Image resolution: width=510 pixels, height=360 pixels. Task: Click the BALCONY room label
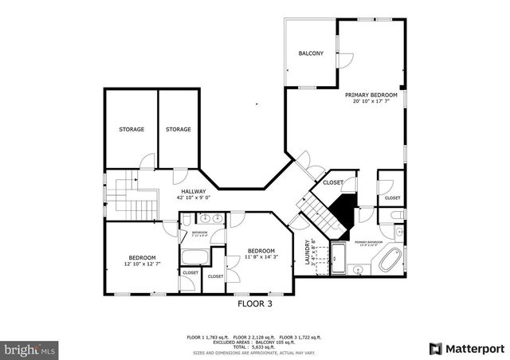(311, 53)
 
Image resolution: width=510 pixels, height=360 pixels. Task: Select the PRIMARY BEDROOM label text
(371, 95)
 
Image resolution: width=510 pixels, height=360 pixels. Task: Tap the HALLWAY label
(193, 191)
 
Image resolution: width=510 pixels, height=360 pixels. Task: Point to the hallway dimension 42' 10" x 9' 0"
(193, 198)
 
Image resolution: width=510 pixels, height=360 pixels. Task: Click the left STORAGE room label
(131, 129)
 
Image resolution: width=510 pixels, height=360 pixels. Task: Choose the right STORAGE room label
(178, 129)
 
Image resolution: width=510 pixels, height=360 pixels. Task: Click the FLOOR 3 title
(255, 303)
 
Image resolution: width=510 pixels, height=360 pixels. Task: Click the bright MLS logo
(30, 349)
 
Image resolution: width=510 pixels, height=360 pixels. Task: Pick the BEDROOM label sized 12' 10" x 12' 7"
(142, 258)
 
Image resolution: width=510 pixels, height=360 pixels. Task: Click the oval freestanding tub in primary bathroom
(391, 260)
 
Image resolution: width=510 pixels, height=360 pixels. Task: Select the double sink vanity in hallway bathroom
(211, 218)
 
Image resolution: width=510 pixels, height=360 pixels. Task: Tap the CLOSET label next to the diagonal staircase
(333, 182)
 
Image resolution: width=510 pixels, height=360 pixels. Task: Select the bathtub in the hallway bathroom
(194, 256)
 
